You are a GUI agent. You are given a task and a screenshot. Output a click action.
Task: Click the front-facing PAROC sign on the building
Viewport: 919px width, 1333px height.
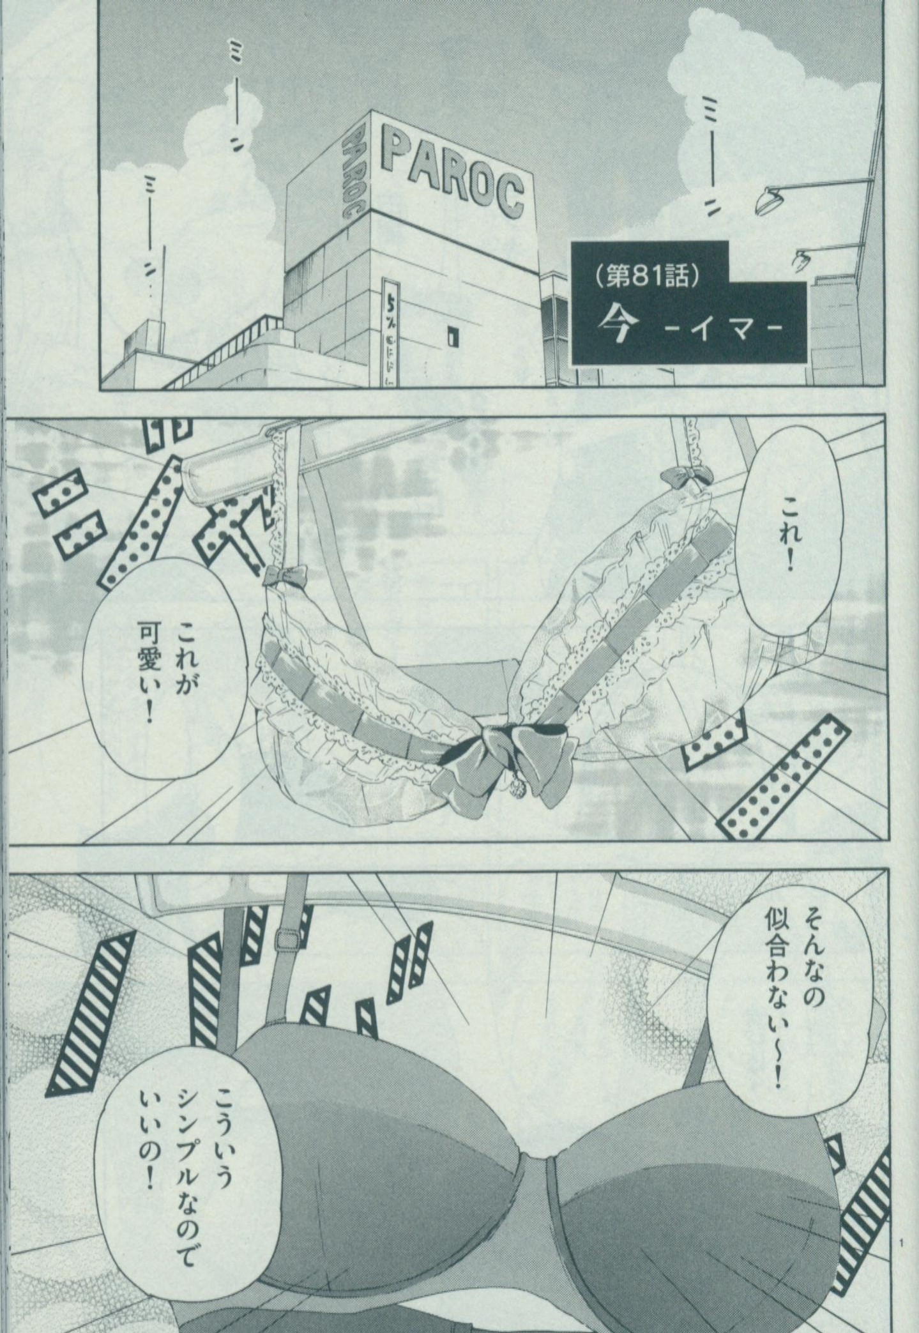(455, 172)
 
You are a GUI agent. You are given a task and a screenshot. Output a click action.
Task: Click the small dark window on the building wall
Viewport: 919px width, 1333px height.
(454, 335)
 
